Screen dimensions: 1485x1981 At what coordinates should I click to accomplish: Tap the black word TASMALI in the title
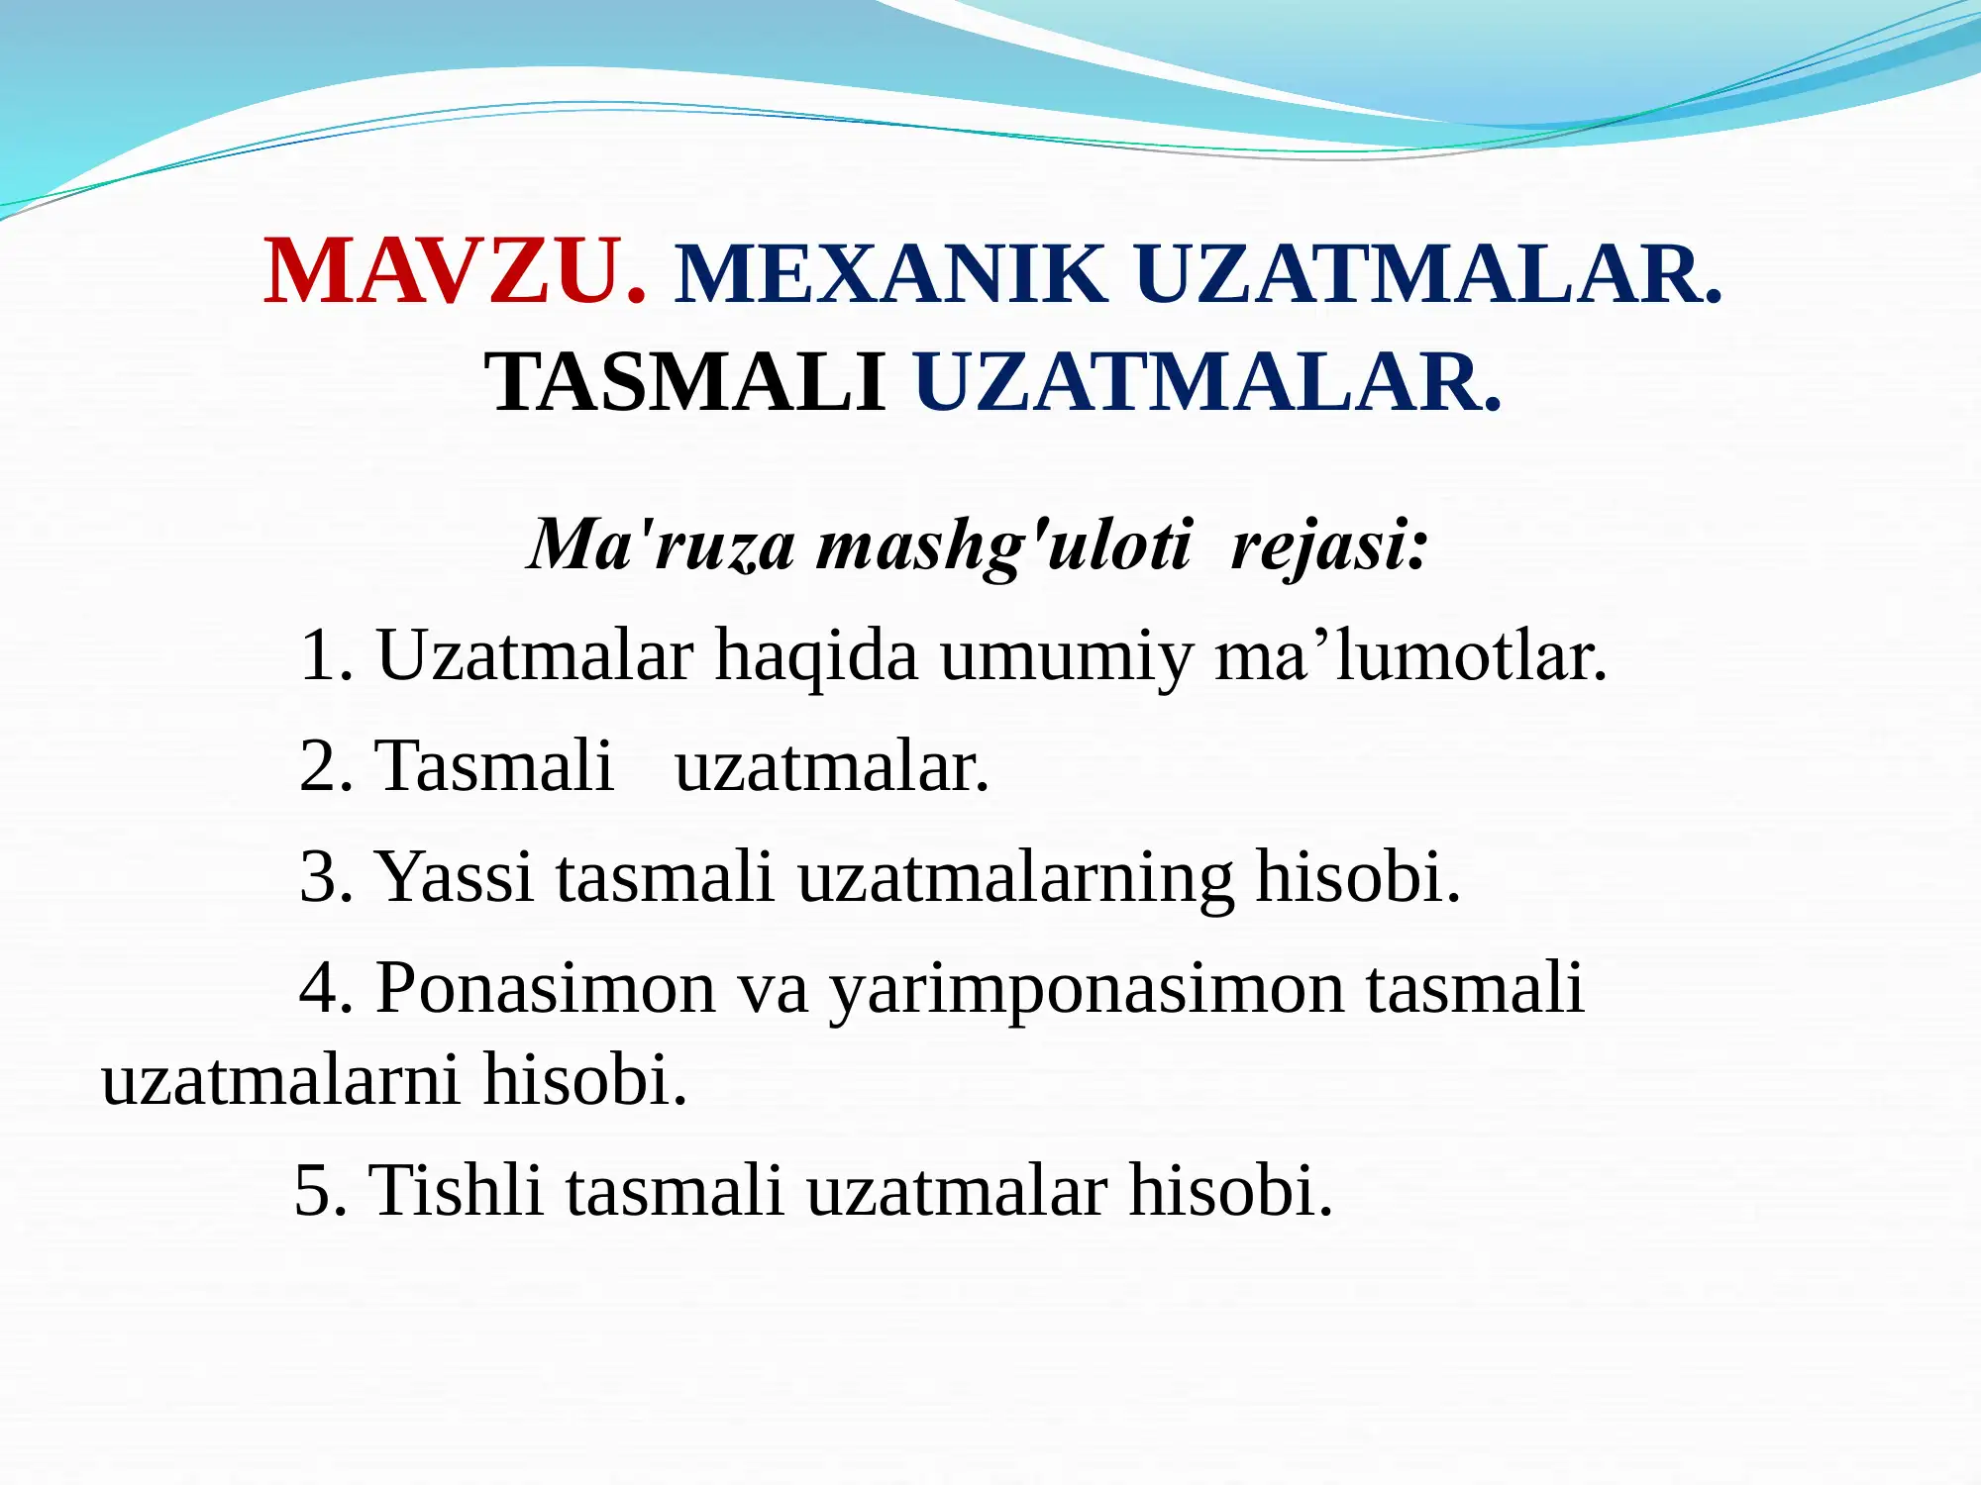pyautogui.click(x=684, y=382)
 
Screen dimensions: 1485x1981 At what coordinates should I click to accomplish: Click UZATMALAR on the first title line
pyautogui.click(x=1427, y=274)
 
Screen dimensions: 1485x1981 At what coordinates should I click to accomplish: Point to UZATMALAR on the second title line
pyautogui.click(x=1207, y=382)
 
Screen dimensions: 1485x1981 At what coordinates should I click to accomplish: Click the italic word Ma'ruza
pyautogui.click(x=662, y=544)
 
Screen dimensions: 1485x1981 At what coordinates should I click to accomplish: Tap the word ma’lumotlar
pyautogui.click(x=1410, y=655)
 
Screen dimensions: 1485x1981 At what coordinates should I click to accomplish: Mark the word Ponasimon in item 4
pyautogui.click(x=546, y=988)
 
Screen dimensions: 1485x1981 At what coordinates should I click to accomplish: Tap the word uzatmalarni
pyautogui.click(x=280, y=1079)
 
